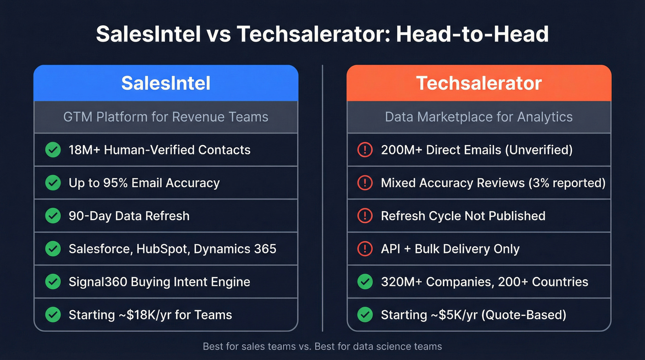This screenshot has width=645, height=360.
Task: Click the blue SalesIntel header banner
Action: [x=166, y=83]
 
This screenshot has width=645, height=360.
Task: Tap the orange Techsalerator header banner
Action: [x=479, y=83]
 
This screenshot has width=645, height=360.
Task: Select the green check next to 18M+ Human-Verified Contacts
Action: [x=53, y=150]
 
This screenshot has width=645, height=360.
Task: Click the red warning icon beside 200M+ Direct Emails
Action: [x=365, y=150]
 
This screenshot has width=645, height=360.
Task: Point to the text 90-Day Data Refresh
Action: [x=129, y=216]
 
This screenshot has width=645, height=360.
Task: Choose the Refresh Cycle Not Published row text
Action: [x=463, y=216]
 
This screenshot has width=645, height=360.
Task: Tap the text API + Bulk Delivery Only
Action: [x=450, y=249]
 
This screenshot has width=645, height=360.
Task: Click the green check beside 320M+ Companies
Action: [x=365, y=282]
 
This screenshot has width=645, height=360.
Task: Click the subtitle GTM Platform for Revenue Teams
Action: [x=166, y=117]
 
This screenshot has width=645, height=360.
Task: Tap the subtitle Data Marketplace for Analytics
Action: [x=479, y=117]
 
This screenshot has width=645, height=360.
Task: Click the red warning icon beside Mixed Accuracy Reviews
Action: [x=365, y=183]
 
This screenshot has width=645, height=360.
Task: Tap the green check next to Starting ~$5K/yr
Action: [x=365, y=315]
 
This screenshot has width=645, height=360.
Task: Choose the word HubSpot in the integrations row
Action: [x=164, y=249]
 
